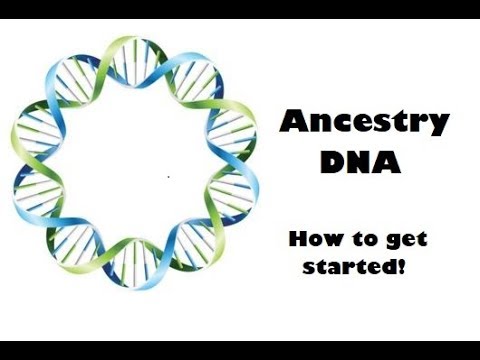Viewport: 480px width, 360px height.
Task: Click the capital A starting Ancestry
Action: coord(290,122)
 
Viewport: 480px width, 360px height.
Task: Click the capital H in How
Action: coord(297,240)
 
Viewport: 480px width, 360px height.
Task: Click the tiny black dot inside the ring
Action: coord(168,177)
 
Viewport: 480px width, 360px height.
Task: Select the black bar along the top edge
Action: coord(240,9)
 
